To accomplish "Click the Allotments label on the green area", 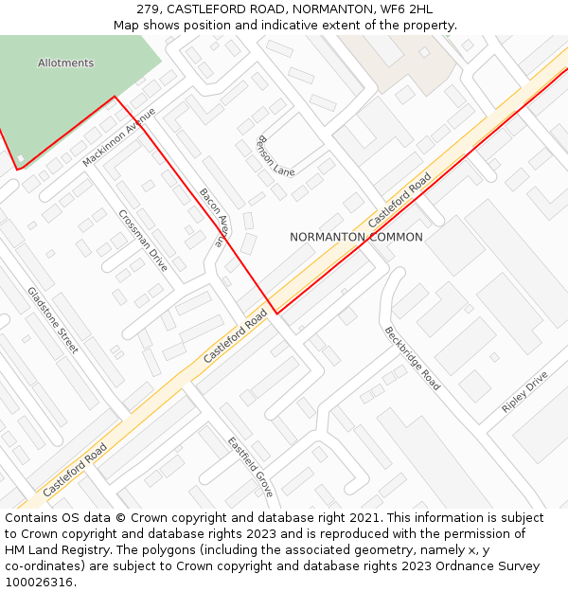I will pos(66,63).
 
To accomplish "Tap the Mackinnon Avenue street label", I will pos(118,137).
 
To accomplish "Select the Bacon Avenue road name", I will pos(214,217).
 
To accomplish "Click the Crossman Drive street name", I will pos(143,241).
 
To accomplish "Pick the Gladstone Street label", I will pos(53,320).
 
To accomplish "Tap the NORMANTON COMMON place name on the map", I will pos(356,237).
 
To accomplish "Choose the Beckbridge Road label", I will pos(412,359).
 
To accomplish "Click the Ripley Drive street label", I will pos(524,392).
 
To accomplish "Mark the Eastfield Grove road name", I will pos(250,467).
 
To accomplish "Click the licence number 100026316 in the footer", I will pos(38,582).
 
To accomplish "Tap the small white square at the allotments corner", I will pos(21,158).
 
